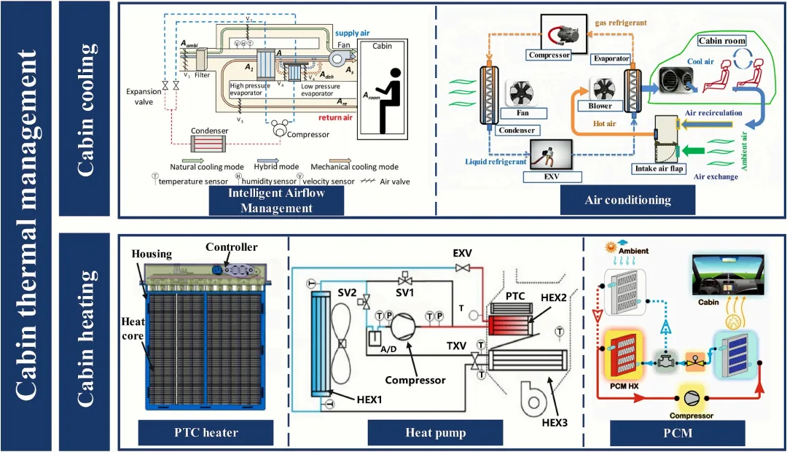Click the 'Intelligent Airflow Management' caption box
[276, 200]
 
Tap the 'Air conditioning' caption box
[627, 200]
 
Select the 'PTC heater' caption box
[205, 432]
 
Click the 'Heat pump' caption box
[435, 432]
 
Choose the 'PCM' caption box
[678, 432]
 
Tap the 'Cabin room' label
[721, 41]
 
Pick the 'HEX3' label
[555, 422]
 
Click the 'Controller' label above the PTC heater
[231, 247]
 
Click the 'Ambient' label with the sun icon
[632, 251]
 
